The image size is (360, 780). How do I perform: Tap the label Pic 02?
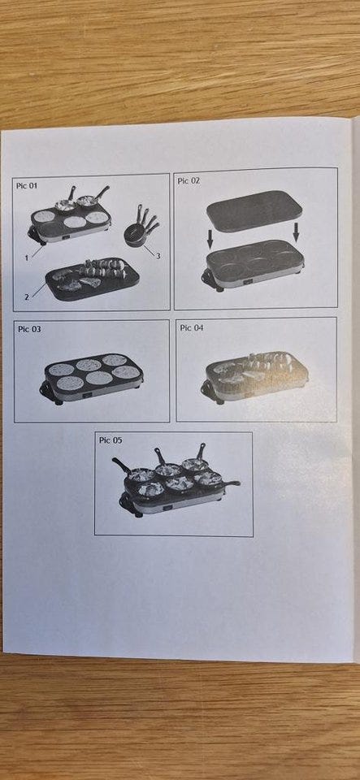[x=189, y=181]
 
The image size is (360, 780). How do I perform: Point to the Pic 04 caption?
[x=192, y=327]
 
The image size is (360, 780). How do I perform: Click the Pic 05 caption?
[x=111, y=440]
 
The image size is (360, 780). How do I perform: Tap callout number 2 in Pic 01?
[x=28, y=296]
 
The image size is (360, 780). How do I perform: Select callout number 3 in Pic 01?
[x=158, y=256]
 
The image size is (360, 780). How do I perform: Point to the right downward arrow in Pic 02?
[x=297, y=232]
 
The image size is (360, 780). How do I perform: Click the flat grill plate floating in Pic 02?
[x=254, y=210]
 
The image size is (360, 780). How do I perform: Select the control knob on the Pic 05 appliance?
[x=168, y=509]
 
